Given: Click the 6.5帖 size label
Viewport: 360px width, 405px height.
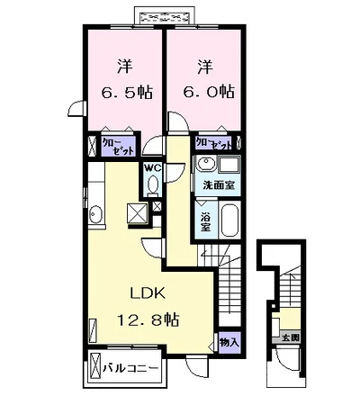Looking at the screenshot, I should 124,92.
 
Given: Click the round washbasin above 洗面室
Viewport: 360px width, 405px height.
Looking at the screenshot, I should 206,166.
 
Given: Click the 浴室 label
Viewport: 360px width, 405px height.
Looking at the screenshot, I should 206,219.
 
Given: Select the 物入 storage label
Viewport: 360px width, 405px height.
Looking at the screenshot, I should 229,342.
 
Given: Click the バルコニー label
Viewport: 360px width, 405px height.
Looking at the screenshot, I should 131,369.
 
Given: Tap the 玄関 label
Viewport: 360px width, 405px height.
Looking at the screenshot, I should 288,337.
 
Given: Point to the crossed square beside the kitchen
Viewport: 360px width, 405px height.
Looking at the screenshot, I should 138,213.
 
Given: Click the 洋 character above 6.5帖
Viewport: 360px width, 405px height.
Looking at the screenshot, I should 124,66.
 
